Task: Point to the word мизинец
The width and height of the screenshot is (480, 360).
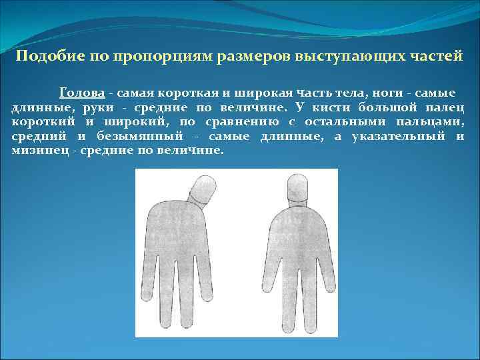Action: click(40, 151)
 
